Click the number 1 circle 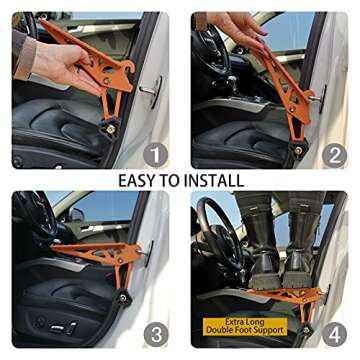pos(152,153)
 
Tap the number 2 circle pos(333,153)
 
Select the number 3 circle pos(152,332)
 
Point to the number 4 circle pos(333,332)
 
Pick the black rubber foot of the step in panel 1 pos(106,126)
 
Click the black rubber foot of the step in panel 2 pos(297,150)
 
